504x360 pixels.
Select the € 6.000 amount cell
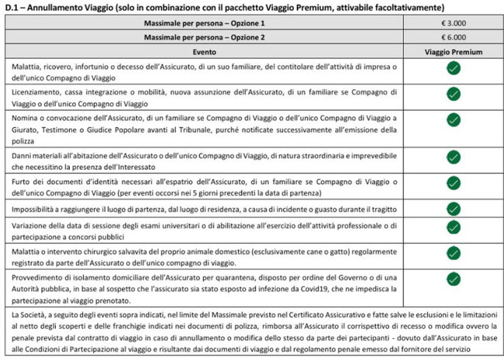[453, 36]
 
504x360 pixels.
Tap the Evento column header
[205, 50]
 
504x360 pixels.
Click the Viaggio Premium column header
[453, 50]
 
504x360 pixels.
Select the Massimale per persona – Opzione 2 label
[205, 36]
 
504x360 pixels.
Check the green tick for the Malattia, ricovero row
[453, 70]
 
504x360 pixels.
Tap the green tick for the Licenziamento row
[453, 94]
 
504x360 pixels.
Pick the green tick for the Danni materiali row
[453, 156]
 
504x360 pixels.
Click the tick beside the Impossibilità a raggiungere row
[453, 209]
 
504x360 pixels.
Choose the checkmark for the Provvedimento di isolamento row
[453, 277]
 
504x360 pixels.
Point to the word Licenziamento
[36, 93]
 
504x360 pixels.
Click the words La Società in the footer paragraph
[24, 314]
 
